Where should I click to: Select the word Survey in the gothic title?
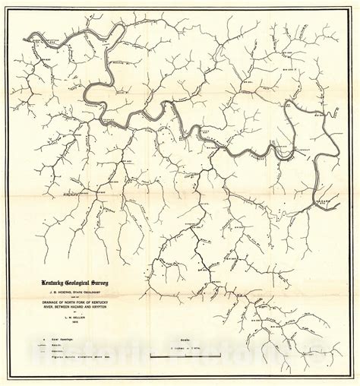[99, 283]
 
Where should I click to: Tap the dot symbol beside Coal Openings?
[44, 340]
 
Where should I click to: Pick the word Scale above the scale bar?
[185, 340]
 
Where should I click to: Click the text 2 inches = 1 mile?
[185, 348]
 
